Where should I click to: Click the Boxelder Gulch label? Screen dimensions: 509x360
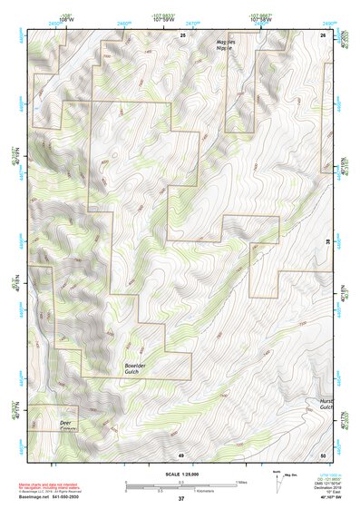click(x=138, y=368)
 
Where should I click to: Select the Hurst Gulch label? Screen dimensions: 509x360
click(x=327, y=404)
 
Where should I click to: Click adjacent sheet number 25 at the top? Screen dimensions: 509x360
click(x=182, y=34)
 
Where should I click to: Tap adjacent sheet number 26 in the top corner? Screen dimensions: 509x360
click(x=324, y=34)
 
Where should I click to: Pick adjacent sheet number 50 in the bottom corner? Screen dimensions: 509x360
click(x=324, y=454)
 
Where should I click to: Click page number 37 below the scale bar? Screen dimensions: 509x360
click(x=181, y=499)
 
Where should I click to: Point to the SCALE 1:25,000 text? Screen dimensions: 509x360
click(x=181, y=475)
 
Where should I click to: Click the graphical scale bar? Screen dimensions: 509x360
click(x=181, y=483)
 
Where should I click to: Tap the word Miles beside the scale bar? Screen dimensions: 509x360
click(x=240, y=481)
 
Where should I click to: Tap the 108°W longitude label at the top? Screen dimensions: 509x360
click(x=66, y=16)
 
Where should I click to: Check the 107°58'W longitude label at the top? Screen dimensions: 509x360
click(x=261, y=16)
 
